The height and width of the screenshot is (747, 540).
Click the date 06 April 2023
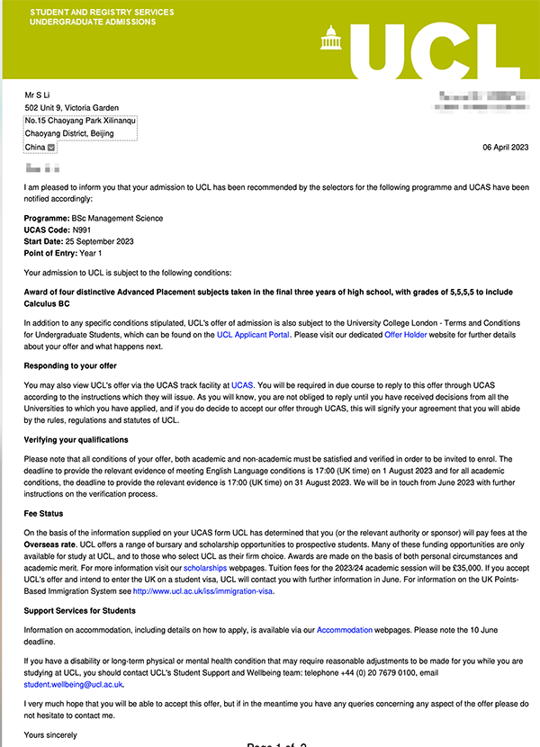(506, 147)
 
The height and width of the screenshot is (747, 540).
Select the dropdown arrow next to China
(51, 148)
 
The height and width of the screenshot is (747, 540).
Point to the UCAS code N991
(82, 229)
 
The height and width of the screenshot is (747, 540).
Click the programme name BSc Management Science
(120, 217)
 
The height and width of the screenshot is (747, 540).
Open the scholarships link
(207, 570)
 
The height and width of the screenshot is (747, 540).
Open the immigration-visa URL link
(202, 591)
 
